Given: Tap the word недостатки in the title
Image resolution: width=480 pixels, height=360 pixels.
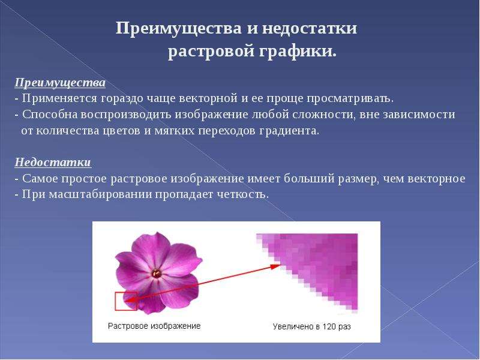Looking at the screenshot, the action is [x=309, y=28].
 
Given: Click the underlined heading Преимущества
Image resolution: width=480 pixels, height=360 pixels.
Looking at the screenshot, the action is [x=60, y=83].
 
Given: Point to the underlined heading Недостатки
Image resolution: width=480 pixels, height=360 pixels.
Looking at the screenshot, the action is [x=53, y=162].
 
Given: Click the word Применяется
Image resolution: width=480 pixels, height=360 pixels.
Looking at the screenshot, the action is [x=59, y=99].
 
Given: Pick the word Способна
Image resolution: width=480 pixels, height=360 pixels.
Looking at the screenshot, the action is [x=50, y=115].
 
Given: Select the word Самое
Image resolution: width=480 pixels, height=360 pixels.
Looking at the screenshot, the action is [x=40, y=178].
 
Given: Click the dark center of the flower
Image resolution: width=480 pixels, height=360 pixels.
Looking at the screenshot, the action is [x=157, y=273].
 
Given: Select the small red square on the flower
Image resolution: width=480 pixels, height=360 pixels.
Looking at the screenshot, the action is [x=126, y=301].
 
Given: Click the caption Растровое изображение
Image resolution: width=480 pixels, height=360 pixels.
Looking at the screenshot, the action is [x=154, y=326].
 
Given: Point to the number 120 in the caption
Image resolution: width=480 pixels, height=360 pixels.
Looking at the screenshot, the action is [x=329, y=326].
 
